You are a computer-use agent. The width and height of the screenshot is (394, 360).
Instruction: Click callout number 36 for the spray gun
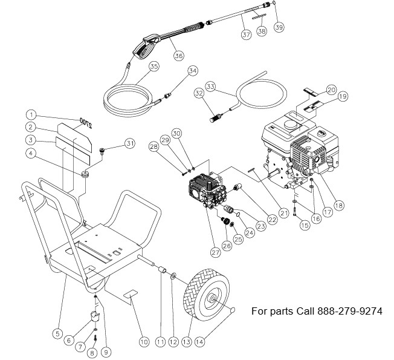point(178,55)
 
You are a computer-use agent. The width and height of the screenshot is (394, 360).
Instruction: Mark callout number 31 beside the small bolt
point(130,143)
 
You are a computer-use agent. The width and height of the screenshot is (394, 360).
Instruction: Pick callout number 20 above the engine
point(331,89)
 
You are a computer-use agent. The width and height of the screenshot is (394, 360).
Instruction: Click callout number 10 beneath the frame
point(143,342)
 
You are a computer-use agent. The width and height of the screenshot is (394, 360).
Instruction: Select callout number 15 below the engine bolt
point(305,225)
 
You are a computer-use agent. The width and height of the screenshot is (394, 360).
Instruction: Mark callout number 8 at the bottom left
point(92,353)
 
